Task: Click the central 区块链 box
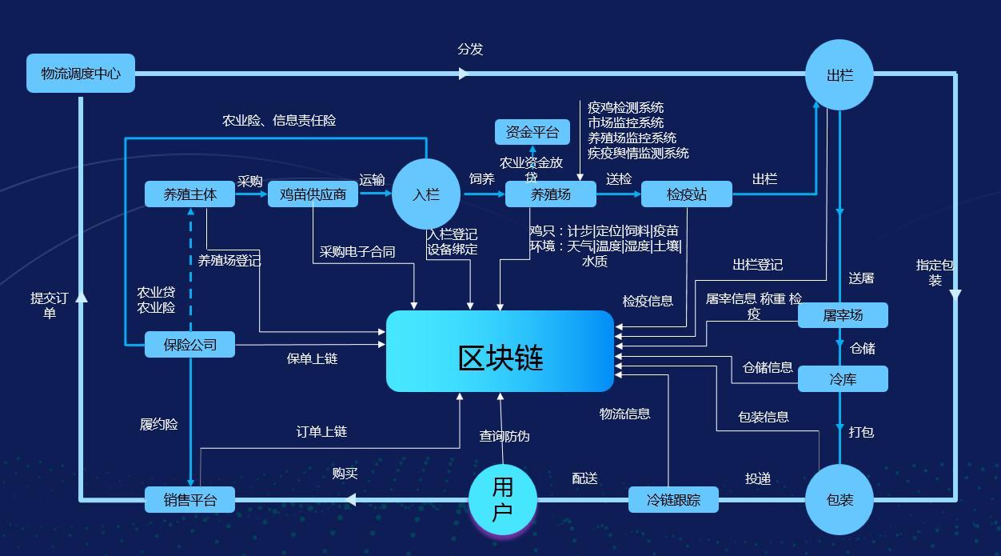click(x=500, y=351)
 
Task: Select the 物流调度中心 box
click(x=81, y=74)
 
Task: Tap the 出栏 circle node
click(x=839, y=75)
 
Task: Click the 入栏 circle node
click(x=426, y=194)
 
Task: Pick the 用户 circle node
click(x=502, y=499)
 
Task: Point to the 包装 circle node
click(x=839, y=500)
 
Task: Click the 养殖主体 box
click(x=189, y=194)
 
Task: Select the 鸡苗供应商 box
click(x=313, y=194)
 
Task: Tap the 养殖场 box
click(x=550, y=194)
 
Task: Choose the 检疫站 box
click(x=686, y=194)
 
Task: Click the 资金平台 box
click(x=532, y=132)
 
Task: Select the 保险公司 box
click(x=189, y=345)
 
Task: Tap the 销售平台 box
click(x=189, y=500)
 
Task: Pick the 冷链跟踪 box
click(x=673, y=500)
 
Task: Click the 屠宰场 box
click(x=843, y=315)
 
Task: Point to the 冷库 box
click(x=843, y=379)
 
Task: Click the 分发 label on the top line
click(x=470, y=50)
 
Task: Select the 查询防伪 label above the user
click(x=504, y=436)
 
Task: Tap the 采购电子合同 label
click(x=357, y=251)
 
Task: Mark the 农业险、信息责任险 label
click(x=279, y=121)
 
